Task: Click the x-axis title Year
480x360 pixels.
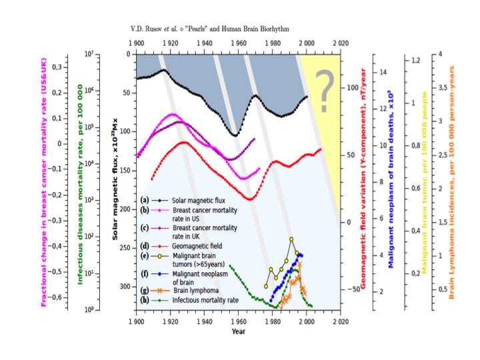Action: (238, 331)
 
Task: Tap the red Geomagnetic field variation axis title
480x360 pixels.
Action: (364, 179)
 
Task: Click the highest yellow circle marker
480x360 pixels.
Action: (291, 239)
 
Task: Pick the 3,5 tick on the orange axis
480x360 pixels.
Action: (441, 87)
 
